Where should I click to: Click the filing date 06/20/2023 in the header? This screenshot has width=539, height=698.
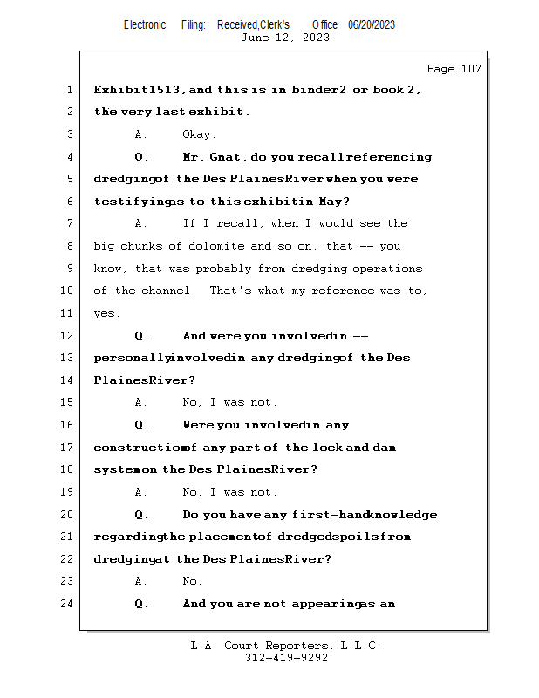pos(372,25)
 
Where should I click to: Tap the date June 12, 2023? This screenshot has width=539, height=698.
pos(285,38)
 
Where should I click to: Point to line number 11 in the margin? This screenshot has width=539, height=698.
pos(67,313)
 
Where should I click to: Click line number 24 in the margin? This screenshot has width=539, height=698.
pos(67,604)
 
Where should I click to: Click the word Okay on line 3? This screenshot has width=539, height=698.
pos(199,134)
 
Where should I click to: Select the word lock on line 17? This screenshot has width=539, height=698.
pos(357,448)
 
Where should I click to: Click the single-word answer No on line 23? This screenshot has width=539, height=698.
pos(191,581)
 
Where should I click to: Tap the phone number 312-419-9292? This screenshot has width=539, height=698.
pos(286,659)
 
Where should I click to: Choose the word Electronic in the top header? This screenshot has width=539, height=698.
pos(145,25)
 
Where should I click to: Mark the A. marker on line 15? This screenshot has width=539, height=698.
pos(141,403)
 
